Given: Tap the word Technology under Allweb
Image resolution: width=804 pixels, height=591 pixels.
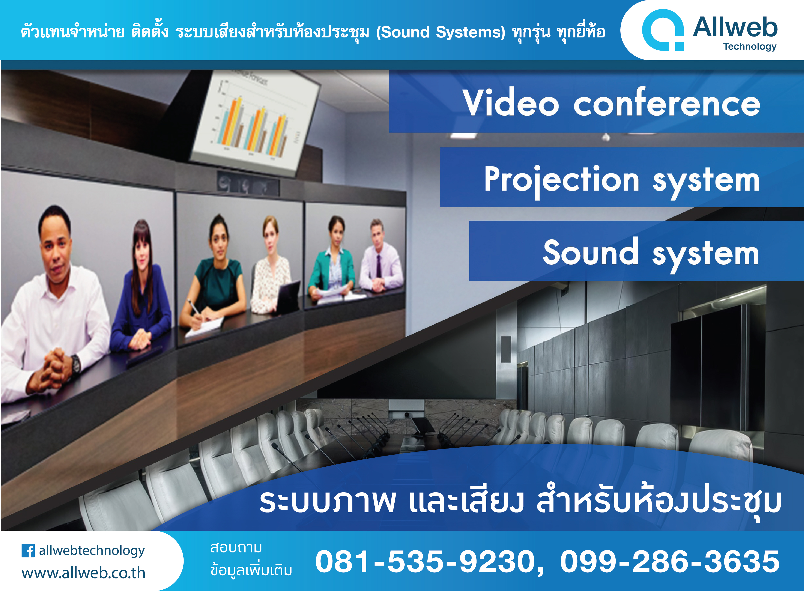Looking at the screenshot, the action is [750, 47].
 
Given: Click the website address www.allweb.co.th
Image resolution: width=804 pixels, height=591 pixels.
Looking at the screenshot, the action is [83, 573].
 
